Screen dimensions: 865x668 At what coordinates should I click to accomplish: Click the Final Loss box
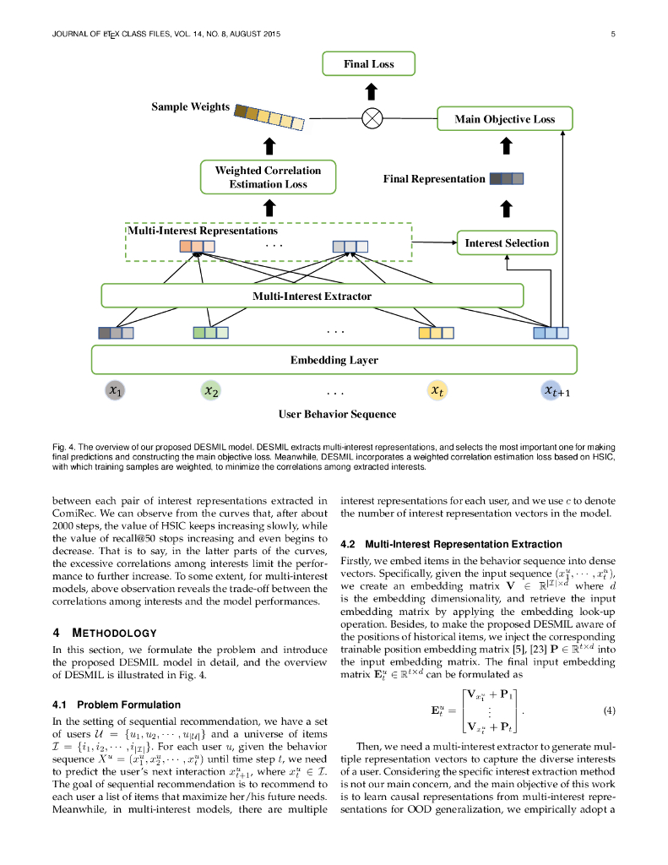[x=368, y=64]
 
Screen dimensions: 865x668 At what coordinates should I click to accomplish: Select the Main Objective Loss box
[x=504, y=119]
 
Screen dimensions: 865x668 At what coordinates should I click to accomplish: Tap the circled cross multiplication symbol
[x=372, y=118]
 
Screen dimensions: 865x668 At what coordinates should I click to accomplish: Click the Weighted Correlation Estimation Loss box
[x=268, y=177]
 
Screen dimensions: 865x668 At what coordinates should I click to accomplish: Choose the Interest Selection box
[x=507, y=243]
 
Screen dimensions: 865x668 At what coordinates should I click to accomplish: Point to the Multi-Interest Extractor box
[x=312, y=296]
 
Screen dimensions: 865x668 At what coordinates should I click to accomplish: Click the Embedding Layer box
[x=334, y=360]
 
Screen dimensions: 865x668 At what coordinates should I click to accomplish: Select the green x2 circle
[x=210, y=390]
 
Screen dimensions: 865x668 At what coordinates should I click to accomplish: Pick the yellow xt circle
[x=436, y=390]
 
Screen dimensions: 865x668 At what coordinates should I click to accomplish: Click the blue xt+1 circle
[x=555, y=390]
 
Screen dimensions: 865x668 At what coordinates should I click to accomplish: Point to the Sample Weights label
[x=190, y=107]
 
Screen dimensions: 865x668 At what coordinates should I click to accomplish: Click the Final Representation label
[x=434, y=179]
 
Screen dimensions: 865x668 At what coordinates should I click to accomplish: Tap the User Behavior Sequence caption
[x=337, y=415]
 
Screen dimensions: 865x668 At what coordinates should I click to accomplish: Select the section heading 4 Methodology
[x=105, y=633]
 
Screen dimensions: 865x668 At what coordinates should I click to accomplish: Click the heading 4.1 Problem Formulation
[x=116, y=705]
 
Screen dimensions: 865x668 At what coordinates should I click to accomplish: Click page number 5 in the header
[x=611, y=34]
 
